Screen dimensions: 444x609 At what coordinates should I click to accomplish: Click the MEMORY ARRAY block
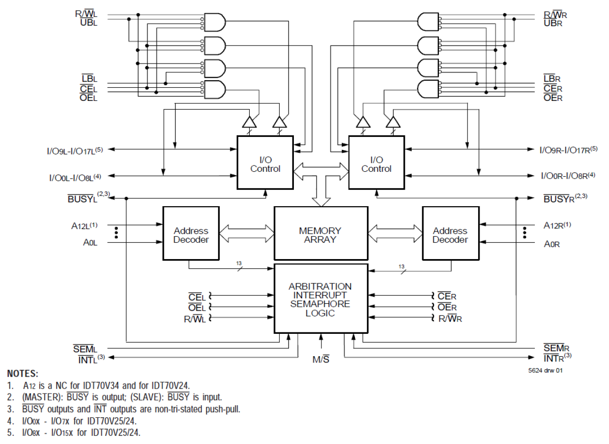pos(321,235)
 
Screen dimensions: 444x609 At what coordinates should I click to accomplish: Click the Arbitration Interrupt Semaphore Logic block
pos(321,299)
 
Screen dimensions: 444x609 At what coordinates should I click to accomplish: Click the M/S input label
pos(321,360)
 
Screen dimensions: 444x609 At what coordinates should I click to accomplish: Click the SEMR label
pos(555,348)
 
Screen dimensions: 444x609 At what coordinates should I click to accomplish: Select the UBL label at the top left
pos(89,23)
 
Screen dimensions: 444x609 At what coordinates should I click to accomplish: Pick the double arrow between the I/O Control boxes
pos(321,170)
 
